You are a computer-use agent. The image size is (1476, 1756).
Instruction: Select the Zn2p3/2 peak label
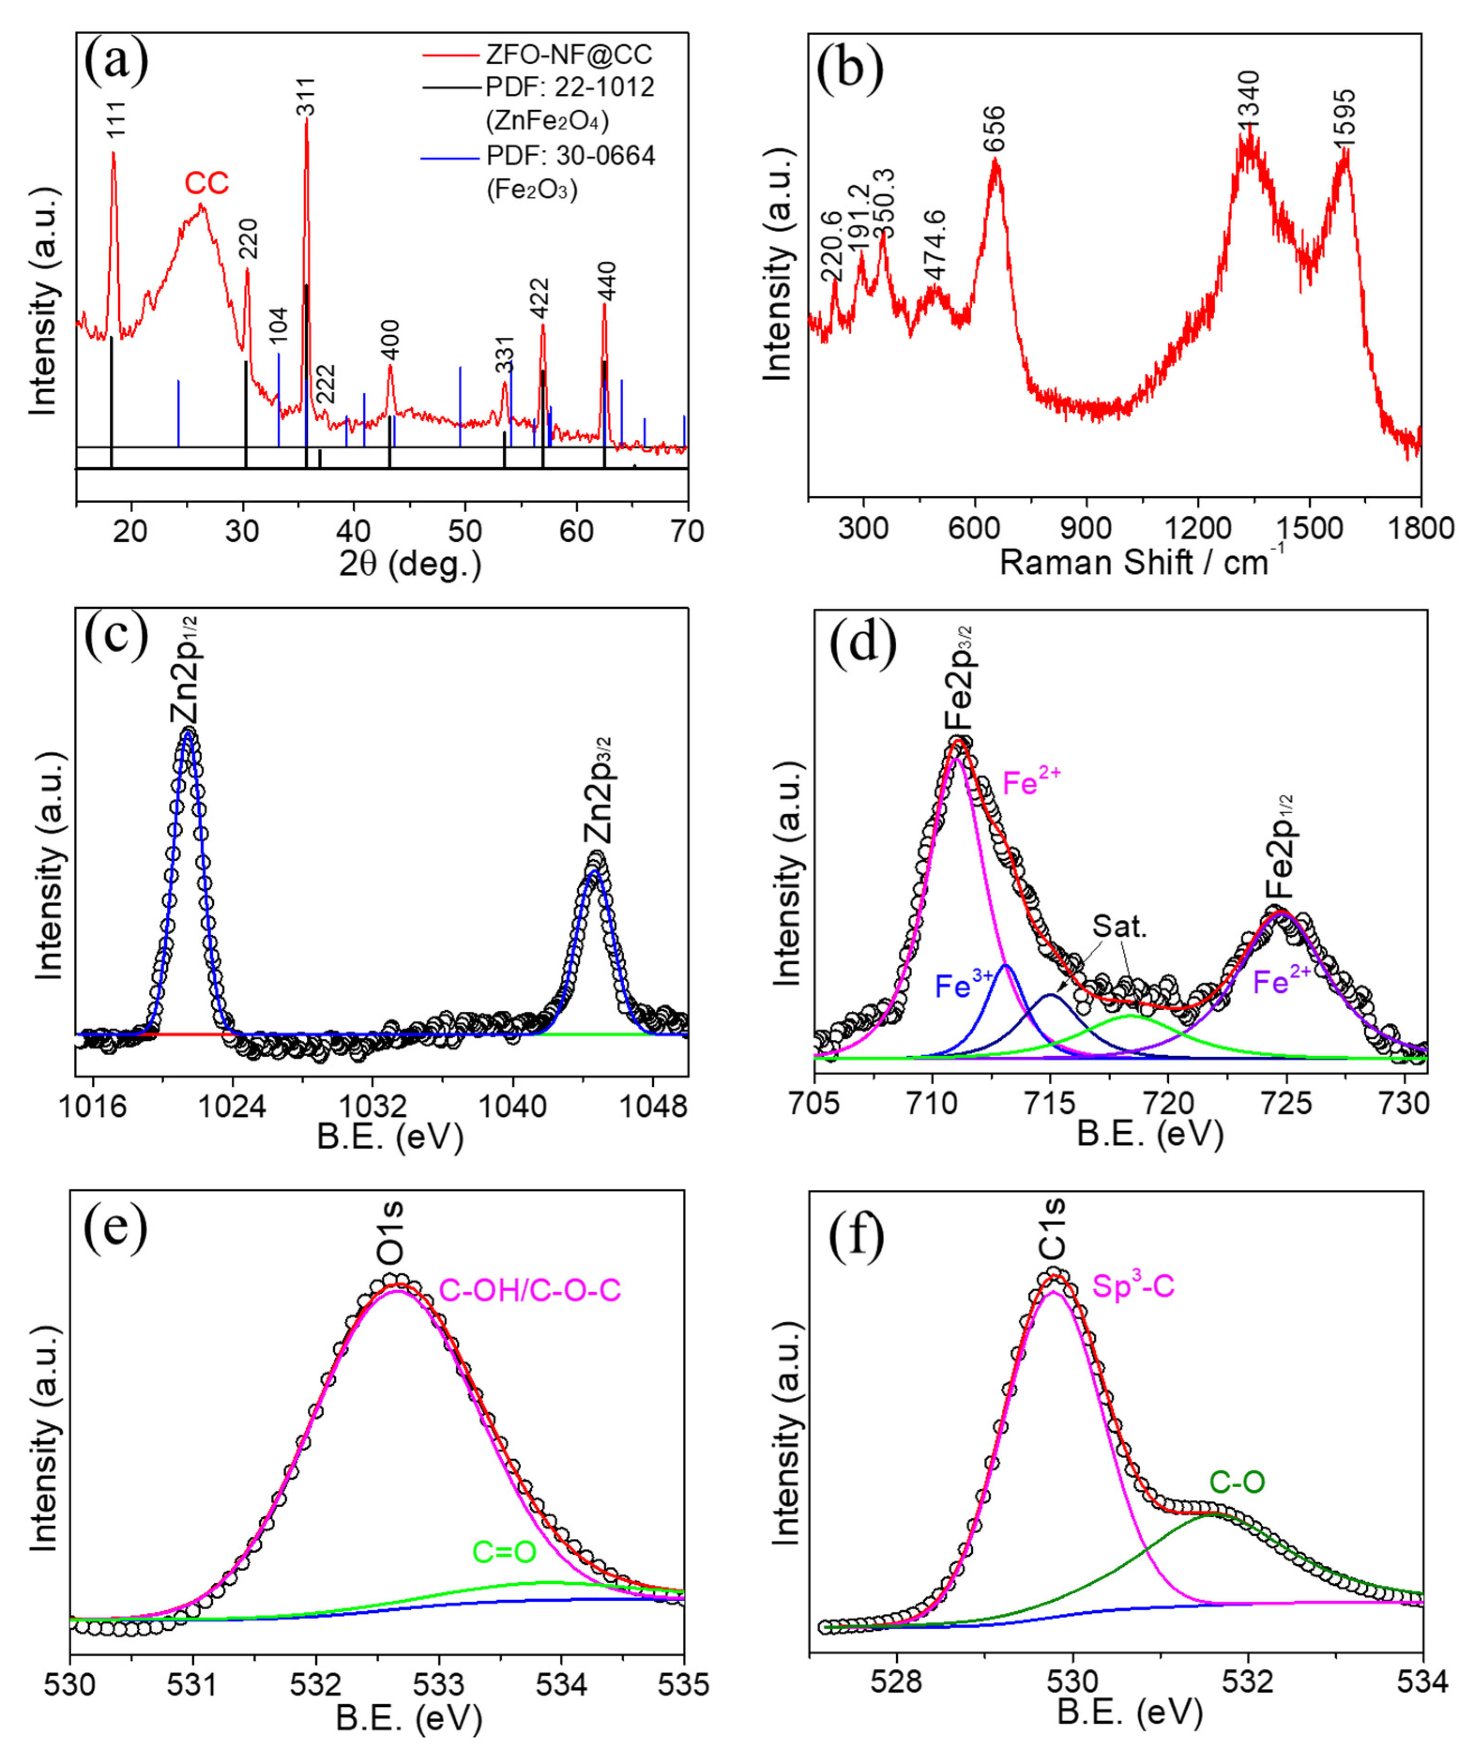click(599, 790)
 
